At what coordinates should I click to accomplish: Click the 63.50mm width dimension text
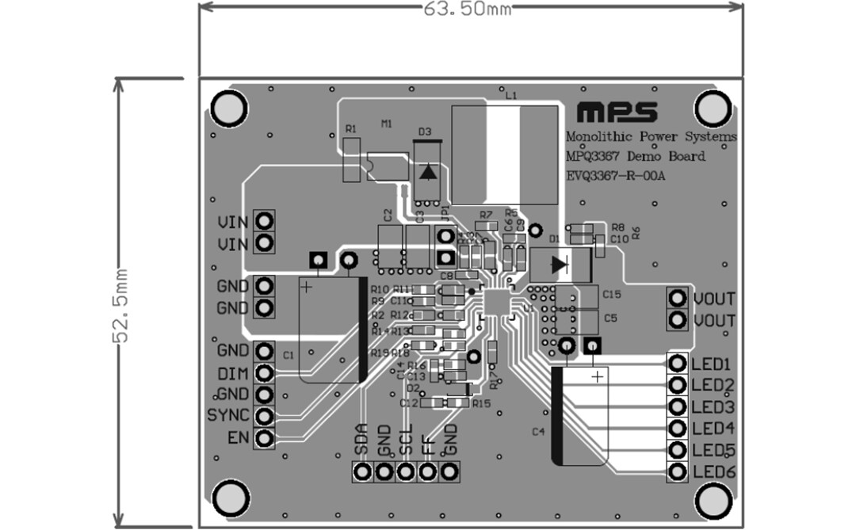tap(468, 9)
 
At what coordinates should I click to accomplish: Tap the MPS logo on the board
tap(617, 111)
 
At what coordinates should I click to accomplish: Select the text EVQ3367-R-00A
tap(616, 176)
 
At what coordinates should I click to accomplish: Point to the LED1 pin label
tap(712, 364)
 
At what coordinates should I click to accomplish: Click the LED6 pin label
tap(713, 473)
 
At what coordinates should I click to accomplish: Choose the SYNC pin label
tap(228, 415)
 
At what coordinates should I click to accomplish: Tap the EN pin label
tap(237, 437)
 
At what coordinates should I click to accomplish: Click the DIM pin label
tap(232, 373)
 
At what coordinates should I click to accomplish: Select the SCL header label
tap(406, 441)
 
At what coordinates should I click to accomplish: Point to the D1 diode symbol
tap(560, 264)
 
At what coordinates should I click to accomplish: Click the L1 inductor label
tap(510, 95)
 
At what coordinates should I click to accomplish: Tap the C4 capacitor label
tap(538, 432)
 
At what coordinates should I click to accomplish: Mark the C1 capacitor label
tap(288, 354)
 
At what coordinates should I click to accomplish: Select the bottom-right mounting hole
tap(713, 498)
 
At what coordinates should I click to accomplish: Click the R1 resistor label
tap(350, 128)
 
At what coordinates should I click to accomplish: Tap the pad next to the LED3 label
tap(678, 407)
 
